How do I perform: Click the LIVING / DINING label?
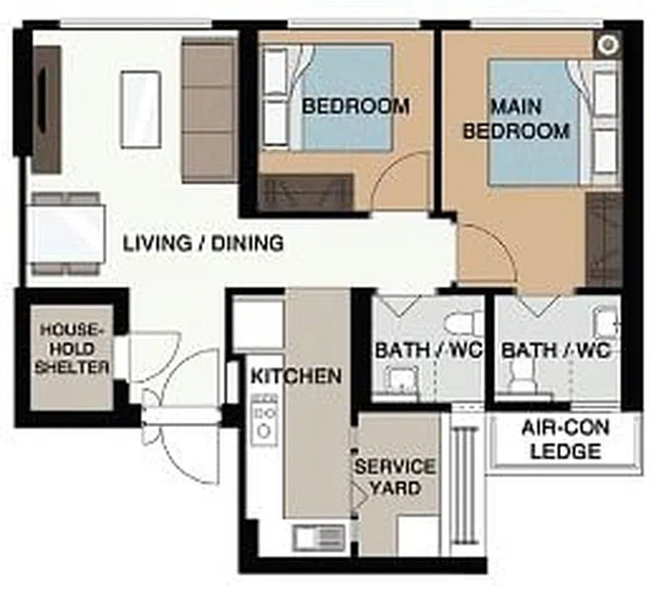pos(203,243)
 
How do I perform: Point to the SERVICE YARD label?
pos(395,477)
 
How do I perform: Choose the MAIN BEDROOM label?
pos(516,119)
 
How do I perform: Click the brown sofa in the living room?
pos(209,108)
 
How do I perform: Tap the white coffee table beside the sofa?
pos(141,108)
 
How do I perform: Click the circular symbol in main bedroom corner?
pos(609,43)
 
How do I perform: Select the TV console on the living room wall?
pos(46,108)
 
